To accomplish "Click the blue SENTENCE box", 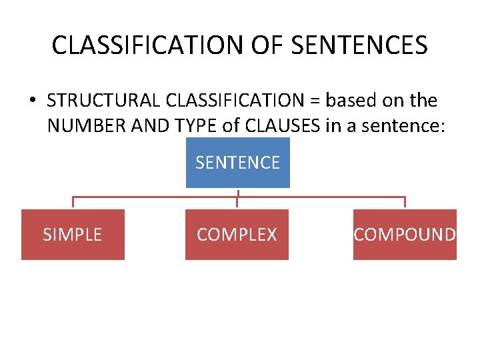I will click(x=237, y=163).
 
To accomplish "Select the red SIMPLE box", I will click(x=73, y=235).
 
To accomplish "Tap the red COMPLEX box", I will click(x=237, y=235).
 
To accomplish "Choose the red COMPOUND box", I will click(x=405, y=235).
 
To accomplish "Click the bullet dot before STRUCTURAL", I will click(x=32, y=101).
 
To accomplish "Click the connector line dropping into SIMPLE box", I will click(x=73, y=203).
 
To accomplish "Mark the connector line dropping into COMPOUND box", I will click(x=405, y=203).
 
